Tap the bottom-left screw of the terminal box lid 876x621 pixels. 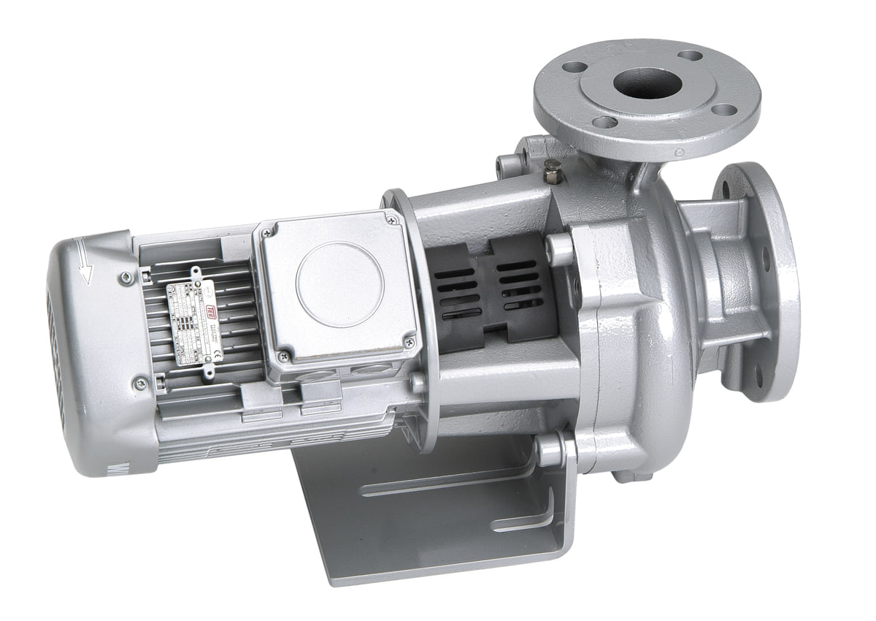283,356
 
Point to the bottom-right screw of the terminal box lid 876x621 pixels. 409,340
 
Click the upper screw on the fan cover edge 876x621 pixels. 126,277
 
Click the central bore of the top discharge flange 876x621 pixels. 647,83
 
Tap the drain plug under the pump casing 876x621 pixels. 632,476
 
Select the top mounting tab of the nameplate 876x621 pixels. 196,273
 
